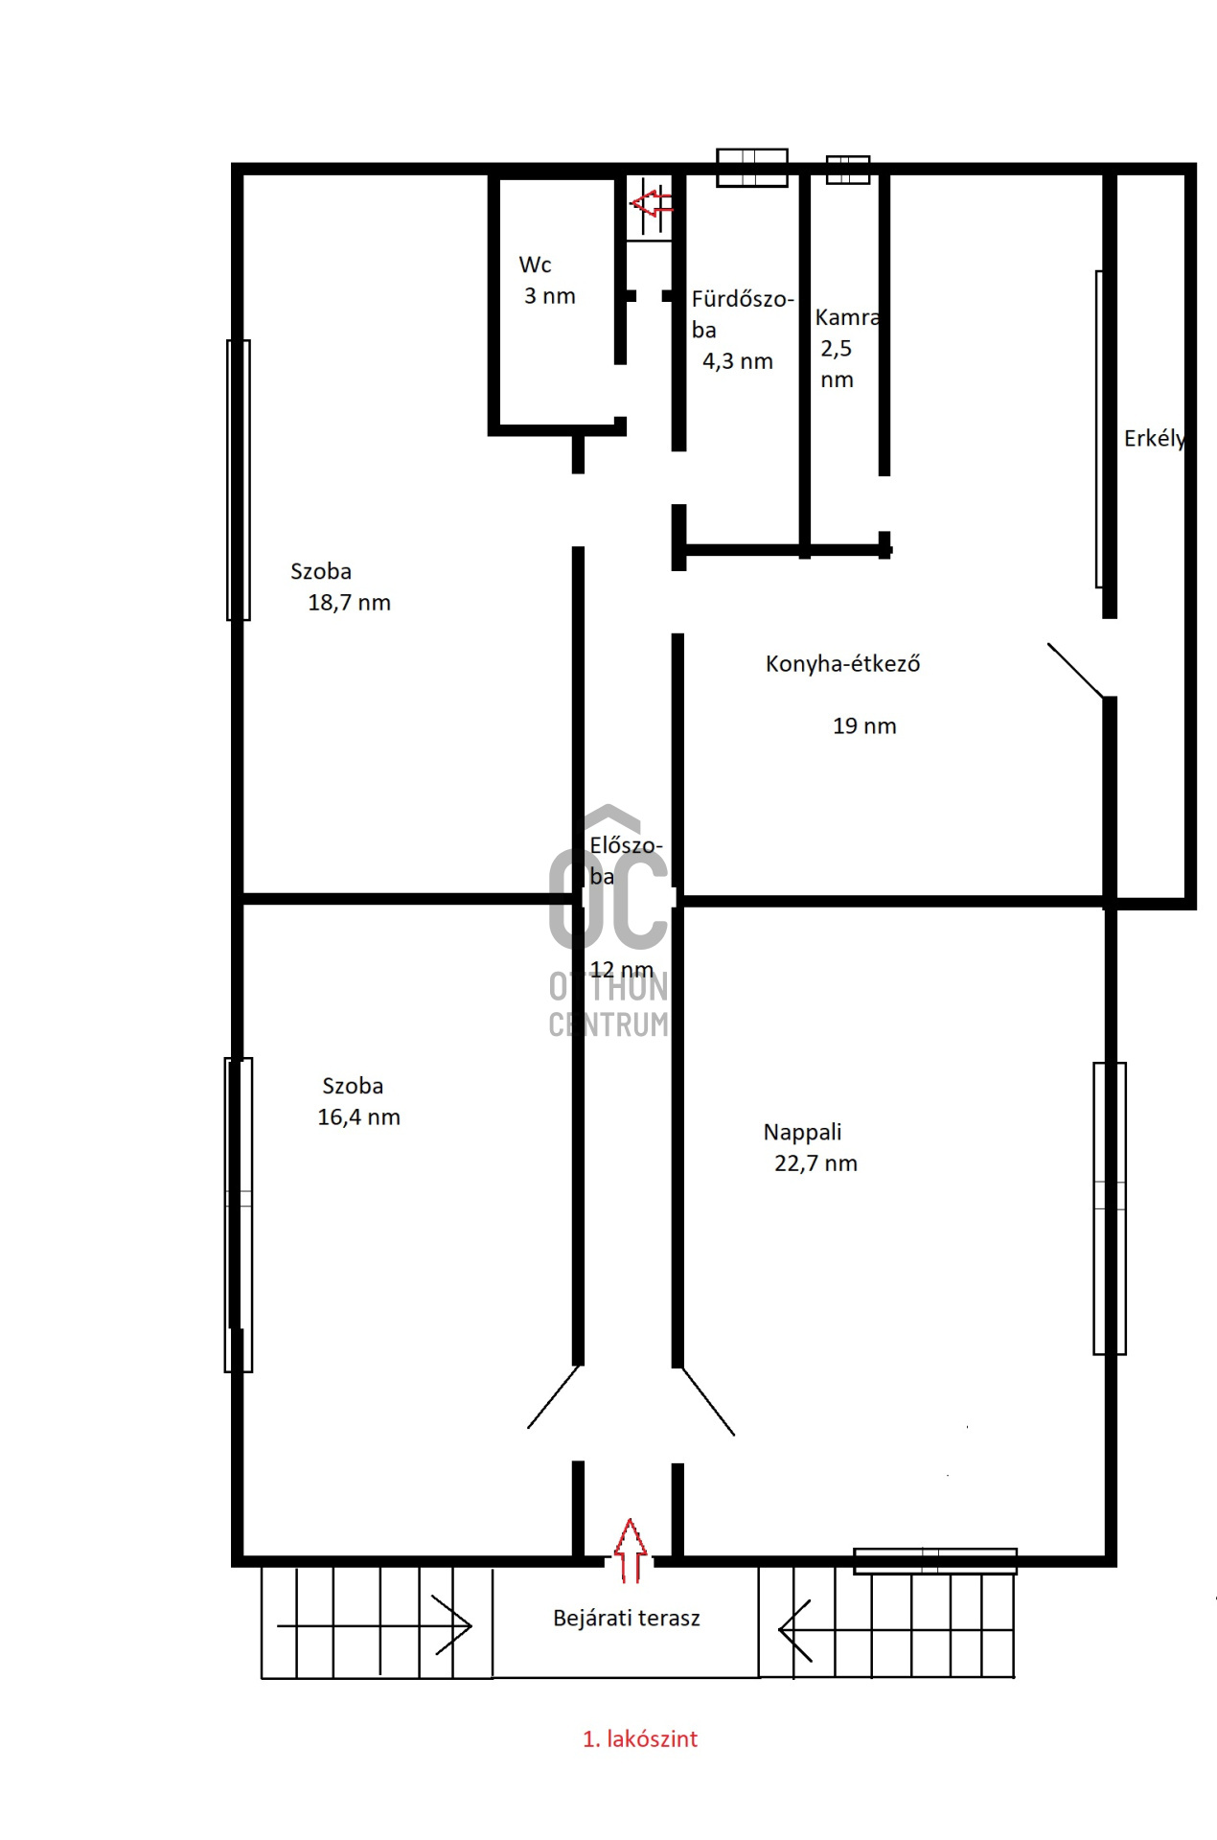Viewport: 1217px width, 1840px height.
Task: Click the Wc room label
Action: (x=535, y=264)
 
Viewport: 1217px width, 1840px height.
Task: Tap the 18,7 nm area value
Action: (x=349, y=603)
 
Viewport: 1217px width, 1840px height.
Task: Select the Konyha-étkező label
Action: (x=842, y=663)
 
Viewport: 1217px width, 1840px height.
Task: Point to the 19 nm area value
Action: (x=864, y=726)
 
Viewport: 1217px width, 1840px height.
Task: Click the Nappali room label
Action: (x=802, y=1133)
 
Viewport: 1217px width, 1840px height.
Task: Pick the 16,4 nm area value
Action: (x=358, y=1117)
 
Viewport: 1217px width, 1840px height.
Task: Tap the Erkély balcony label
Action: (x=1155, y=439)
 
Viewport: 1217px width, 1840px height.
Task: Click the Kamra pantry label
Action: (x=847, y=317)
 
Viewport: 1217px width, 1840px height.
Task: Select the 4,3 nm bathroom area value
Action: (x=737, y=361)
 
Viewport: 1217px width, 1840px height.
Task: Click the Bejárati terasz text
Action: (x=627, y=1619)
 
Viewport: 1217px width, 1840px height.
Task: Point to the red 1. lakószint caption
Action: (x=640, y=1739)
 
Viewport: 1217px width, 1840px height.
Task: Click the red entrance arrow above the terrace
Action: (x=630, y=1551)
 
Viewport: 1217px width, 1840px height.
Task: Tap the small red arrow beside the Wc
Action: (x=652, y=203)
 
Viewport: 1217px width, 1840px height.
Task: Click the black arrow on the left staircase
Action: (x=374, y=1625)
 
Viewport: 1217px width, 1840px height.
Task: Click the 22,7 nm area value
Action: (x=815, y=1163)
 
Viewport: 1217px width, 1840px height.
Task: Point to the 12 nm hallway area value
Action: (x=621, y=970)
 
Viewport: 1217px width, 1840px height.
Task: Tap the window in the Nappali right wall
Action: (x=1110, y=1208)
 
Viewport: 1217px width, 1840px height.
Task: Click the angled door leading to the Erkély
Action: (x=1076, y=670)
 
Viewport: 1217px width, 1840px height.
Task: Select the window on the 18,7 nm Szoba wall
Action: (x=239, y=480)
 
